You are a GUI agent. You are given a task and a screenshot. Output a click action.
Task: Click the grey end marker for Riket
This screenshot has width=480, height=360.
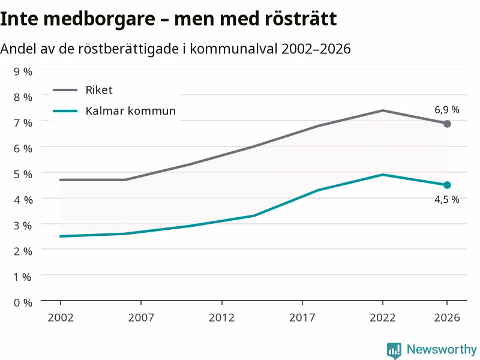pyautogui.click(x=447, y=124)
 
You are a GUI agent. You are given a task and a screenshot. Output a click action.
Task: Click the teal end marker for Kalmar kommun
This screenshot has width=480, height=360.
pyautogui.click(x=447, y=185)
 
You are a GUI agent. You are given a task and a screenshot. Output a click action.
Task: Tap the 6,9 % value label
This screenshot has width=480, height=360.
pyautogui.click(x=446, y=110)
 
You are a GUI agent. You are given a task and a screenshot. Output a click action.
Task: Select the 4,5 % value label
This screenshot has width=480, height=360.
pyautogui.click(x=446, y=200)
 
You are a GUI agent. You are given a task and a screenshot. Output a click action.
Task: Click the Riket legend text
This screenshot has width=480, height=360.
pyautogui.click(x=99, y=89)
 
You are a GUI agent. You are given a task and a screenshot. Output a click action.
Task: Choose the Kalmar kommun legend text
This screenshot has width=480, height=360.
pyautogui.click(x=131, y=110)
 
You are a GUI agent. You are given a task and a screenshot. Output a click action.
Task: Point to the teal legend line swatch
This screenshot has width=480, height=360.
pyautogui.click(x=65, y=111)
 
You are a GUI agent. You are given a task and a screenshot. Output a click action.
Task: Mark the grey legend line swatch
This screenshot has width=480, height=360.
pyautogui.click(x=65, y=90)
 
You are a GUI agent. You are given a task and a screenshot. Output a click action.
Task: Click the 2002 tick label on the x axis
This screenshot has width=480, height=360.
pyautogui.click(x=61, y=317)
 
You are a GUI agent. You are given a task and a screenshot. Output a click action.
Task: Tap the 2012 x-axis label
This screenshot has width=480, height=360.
pyautogui.click(x=221, y=317)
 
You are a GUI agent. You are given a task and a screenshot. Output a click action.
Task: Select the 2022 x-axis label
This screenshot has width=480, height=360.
pyautogui.click(x=383, y=317)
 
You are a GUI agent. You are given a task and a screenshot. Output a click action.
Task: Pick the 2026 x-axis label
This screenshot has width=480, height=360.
pyautogui.click(x=447, y=317)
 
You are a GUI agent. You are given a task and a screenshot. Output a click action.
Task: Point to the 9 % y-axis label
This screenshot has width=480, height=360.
pyautogui.click(x=23, y=71)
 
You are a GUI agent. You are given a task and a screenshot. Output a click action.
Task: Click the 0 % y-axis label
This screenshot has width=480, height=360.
pyautogui.click(x=23, y=303)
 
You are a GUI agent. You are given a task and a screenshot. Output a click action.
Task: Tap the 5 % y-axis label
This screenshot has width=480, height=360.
pyautogui.click(x=23, y=174)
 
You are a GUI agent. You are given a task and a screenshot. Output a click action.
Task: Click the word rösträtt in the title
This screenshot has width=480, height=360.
pyautogui.click(x=301, y=19)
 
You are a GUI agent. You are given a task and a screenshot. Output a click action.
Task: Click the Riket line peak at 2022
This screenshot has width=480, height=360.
pyautogui.click(x=383, y=110)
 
